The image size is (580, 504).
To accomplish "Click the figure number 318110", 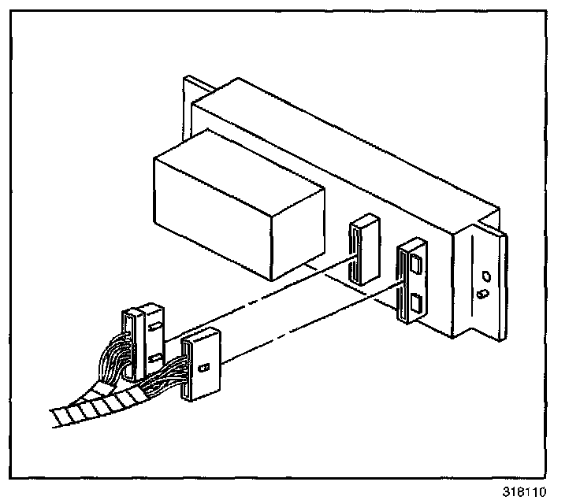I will pos(524,492).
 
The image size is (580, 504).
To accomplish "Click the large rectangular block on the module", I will pos(236,209).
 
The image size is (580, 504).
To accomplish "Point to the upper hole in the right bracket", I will pos(485,276).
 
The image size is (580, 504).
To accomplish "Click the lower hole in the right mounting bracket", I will pos(484,294).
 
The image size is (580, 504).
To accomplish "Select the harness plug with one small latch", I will pos(201,366).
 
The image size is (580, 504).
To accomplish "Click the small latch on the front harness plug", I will pos(204,368).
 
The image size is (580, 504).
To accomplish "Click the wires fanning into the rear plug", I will pos(110,358).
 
